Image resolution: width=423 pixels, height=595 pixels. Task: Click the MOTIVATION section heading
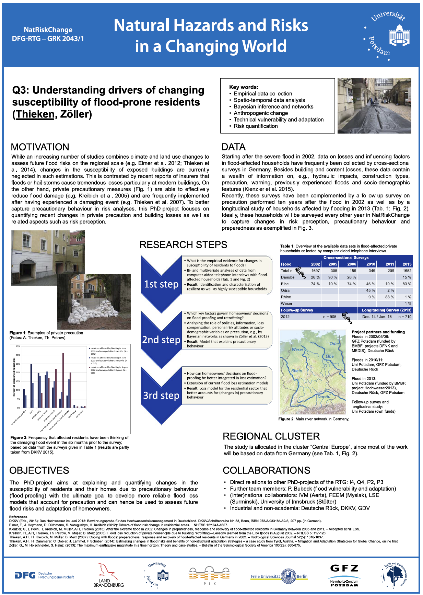pos(40,147)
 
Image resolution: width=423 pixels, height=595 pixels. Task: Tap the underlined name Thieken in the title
pos(35,114)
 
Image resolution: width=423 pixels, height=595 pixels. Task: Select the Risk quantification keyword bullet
pos(256,126)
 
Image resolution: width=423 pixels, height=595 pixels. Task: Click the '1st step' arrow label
pos(161,284)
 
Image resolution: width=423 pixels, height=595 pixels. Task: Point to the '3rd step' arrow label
pos(161,396)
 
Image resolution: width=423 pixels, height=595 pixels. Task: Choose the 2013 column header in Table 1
pos(407,264)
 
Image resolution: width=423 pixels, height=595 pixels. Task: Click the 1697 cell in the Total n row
pos(315,271)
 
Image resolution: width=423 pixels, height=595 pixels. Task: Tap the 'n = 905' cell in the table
pos(329,317)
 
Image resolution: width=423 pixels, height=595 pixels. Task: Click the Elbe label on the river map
pos(330,356)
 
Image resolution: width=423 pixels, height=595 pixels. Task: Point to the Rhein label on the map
pos(297,370)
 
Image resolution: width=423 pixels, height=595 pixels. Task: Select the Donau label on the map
pos(324,397)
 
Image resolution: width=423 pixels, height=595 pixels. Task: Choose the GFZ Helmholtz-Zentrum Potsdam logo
pos(344,575)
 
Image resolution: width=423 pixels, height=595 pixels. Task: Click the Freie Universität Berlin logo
pos(279,576)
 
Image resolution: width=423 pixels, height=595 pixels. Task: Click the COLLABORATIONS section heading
pos(266,470)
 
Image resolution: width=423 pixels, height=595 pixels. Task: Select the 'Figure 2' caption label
pos(286,419)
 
